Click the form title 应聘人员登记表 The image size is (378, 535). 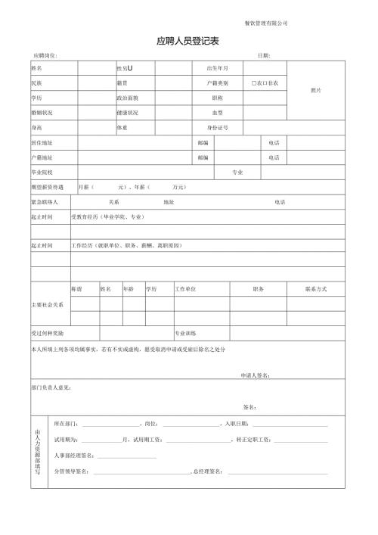click(x=187, y=42)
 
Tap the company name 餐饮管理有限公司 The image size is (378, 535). click(x=267, y=23)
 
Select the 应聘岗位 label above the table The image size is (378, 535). click(x=46, y=56)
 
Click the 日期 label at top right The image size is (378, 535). click(x=264, y=56)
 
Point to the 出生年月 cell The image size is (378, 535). click(x=217, y=68)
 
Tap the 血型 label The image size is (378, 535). click(x=217, y=112)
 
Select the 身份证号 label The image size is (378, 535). click(x=218, y=128)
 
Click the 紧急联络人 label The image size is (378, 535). click(x=46, y=202)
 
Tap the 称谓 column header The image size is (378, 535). click(x=76, y=289)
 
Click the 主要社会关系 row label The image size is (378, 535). click(x=48, y=304)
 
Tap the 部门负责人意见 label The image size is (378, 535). click(x=51, y=387)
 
